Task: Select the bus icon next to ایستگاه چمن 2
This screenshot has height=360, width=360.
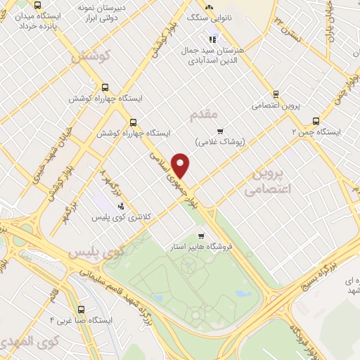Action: [x=316, y=120]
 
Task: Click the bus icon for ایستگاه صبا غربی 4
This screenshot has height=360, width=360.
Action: [x=82, y=309]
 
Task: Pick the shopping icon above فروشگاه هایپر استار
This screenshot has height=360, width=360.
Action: [x=201, y=236]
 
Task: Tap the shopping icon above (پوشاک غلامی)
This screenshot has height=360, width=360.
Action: [x=219, y=130]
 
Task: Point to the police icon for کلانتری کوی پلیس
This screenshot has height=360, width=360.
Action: [x=121, y=207]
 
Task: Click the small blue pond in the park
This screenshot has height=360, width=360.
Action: [x=243, y=292]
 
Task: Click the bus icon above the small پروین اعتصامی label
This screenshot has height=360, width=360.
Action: [x=276, y=94]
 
